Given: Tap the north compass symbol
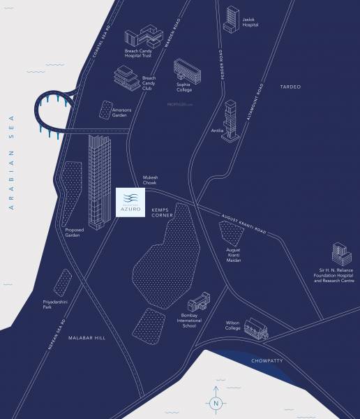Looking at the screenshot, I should click(216, 402).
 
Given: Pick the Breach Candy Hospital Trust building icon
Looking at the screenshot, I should click(142, 40).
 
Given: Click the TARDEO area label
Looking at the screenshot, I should click(290, 87).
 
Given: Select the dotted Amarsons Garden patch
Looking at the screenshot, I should click(106, 109).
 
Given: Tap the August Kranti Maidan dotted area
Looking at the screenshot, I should click(232, 235).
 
